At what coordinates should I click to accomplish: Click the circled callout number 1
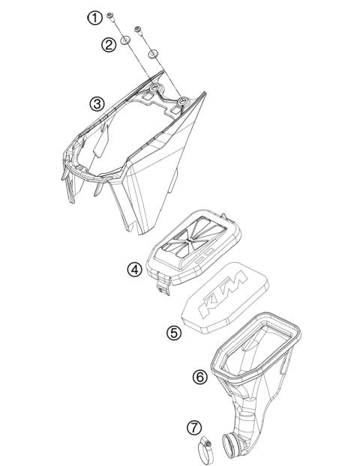94,16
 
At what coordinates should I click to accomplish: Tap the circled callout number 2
109,44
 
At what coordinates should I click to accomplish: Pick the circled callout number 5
173,332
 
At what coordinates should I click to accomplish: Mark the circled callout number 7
194,428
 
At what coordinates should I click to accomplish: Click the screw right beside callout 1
110,16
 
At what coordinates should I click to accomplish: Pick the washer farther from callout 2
153,53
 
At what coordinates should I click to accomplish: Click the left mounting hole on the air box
155,89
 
